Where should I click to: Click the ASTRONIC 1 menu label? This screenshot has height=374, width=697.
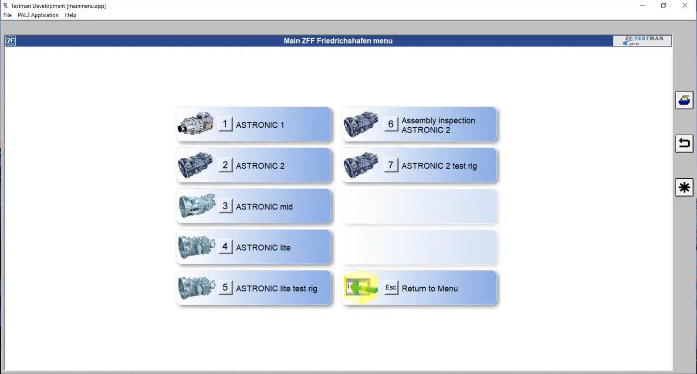coord(260,125)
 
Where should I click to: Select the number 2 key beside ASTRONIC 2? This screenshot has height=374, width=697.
coord(225,165)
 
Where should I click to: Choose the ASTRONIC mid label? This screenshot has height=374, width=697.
coord(264,207)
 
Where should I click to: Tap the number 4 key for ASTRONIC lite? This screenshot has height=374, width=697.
coord(225,247)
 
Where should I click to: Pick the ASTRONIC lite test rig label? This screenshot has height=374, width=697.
coord(276,289)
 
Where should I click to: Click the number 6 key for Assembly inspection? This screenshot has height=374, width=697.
coord(391,124)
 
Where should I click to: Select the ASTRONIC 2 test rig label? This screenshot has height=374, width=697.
coord(439,166)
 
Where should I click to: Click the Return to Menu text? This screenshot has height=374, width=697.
coord(430,289)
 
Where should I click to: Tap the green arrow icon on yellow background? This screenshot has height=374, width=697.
coord(361,288)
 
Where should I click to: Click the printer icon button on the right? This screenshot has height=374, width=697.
coord(684,100)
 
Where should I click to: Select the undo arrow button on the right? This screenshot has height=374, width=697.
coord(684,143)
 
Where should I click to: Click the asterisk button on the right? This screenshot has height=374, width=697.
coord(684,187)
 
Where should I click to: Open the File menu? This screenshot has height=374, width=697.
coord(7,15)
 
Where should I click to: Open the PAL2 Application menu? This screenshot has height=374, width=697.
coord(38,15)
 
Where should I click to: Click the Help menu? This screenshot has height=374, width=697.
coord(71,15)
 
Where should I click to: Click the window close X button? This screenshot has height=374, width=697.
coord(685,6)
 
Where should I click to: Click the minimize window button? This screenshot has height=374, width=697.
coord(642,6)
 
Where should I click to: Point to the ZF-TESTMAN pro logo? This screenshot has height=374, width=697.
coord(642,41)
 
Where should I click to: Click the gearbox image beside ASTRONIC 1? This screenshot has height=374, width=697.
coord(196,124)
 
